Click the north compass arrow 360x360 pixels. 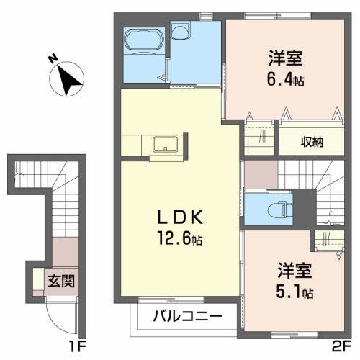69,78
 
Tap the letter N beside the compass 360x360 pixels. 53,59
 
